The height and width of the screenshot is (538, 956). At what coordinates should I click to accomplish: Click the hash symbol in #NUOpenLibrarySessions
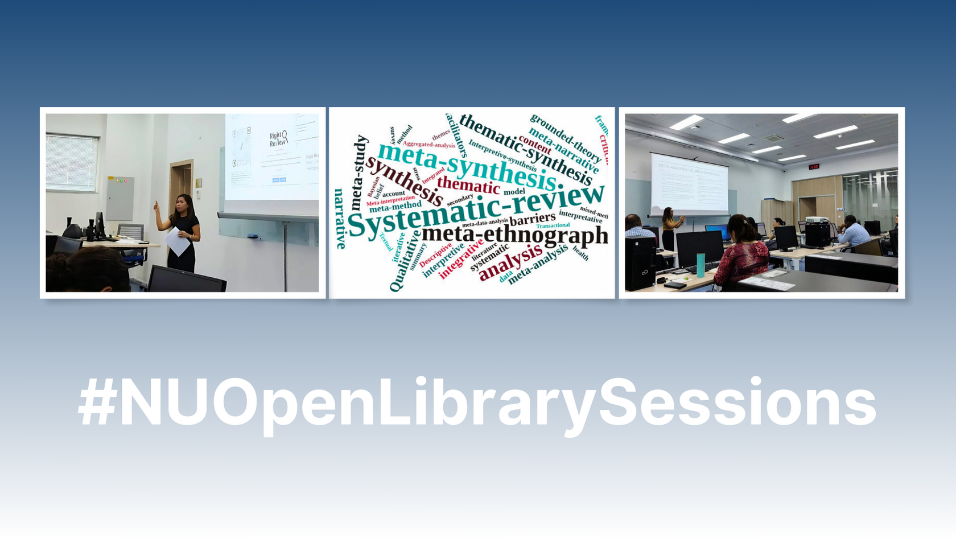click(x=98, y=403)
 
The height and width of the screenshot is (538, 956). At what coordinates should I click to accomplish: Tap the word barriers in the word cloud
click(x=533, y=219)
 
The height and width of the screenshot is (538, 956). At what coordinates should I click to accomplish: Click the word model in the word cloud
click(x=514, y=192)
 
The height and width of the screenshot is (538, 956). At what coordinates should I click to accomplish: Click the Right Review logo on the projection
click(x=278, y=138)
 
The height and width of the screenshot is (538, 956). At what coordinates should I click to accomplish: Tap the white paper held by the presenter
click(x=178, y=241)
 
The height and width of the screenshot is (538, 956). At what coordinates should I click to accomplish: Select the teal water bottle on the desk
click(x=700, y=265)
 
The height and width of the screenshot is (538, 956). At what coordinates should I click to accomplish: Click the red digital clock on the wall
click(x=814, y=167)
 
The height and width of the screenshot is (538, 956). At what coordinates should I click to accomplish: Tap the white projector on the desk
click(x=817, y=220)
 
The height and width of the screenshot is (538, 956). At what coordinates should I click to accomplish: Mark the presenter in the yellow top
click(x=669, y=228)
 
